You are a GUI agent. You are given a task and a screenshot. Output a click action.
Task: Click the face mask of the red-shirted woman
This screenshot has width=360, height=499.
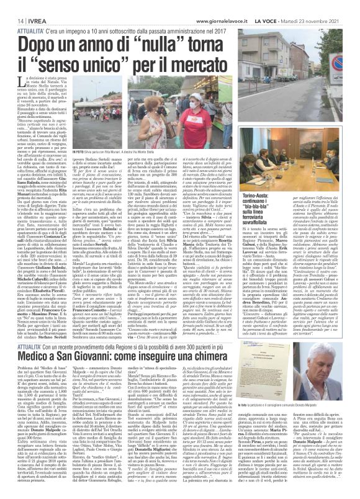tap(125, 109)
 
